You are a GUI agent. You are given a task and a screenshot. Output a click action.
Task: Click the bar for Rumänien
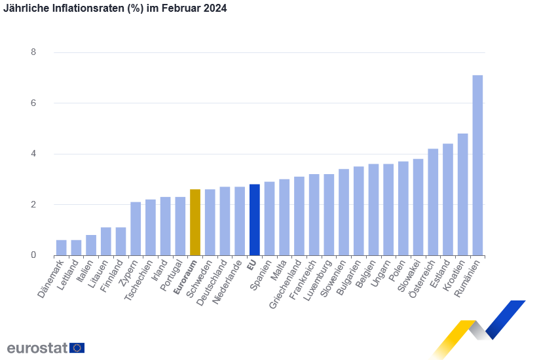coord(477,165)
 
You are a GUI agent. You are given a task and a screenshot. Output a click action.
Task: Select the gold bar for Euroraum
coord(195,222)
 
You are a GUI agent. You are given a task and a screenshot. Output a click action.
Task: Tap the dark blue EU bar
coord(255,219)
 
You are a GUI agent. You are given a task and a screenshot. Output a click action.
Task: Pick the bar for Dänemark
coord(61,247)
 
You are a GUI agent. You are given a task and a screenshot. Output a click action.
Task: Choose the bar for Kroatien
coord(462,194)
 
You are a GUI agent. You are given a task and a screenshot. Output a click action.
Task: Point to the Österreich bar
coord(433,202)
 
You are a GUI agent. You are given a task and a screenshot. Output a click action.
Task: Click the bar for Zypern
coord(136,228)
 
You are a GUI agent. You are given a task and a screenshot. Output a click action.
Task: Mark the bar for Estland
coord(448,199)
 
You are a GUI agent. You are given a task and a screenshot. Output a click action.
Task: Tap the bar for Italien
coord(91,245)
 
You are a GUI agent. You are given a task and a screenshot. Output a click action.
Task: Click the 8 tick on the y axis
coord(34,52)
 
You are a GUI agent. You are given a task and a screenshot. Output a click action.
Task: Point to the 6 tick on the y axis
coord(34,103)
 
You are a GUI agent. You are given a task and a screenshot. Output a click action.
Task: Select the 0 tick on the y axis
coord(34,255)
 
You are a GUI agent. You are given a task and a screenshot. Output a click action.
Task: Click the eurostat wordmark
coord(37,348)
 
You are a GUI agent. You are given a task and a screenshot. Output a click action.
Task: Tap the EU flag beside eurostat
coord(77,348)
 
